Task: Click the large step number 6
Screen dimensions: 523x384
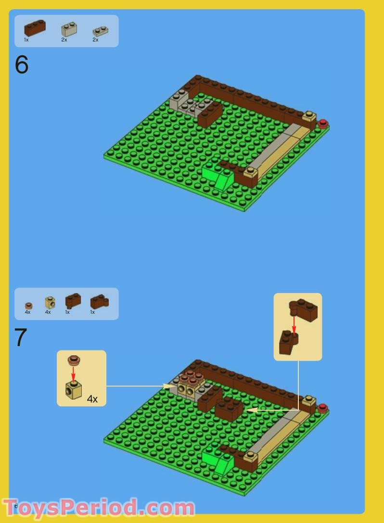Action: click(x=22, y=65)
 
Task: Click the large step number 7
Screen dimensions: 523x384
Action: click(x=21, y=338)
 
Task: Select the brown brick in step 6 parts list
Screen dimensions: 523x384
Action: click(x=35, y=28)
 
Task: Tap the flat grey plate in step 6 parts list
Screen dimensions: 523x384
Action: click(x=100, y=31)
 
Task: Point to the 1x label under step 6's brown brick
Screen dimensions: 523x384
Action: click(x=26, y=40)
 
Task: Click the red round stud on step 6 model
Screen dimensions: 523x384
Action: click(x=322, y=123)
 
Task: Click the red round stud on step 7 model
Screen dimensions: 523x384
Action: click(x=322, y=408)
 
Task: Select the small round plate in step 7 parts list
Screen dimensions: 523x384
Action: click(x=28, y=306)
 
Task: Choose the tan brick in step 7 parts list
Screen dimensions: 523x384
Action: click(x=50, y=302)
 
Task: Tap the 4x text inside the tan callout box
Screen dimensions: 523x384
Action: click(x=92, y=399)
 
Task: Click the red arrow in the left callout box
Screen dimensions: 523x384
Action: click(x=73, y=373)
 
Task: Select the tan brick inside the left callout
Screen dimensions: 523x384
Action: click(x=73, y=389)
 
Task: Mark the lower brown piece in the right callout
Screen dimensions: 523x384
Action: click(x=288, y=343)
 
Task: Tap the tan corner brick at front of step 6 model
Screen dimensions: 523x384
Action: click(x=250, y=172)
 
